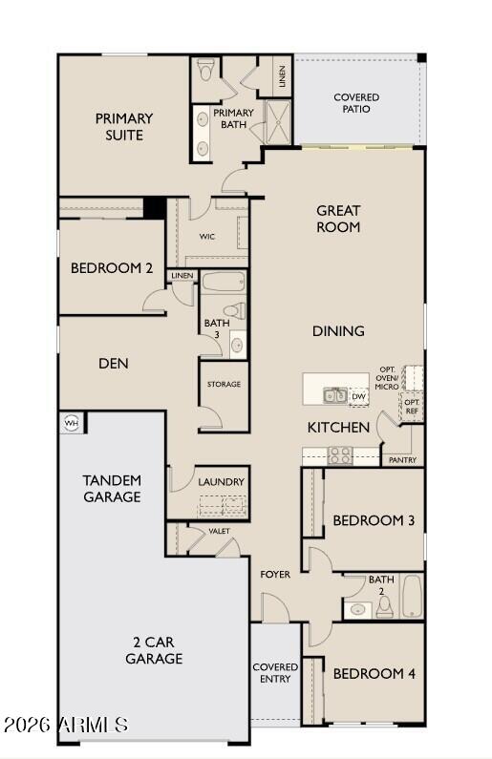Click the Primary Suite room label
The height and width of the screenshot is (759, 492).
(x=124, y=127)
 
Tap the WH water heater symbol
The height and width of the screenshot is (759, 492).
(x=70, y=421)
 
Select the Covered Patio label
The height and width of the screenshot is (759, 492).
(x=356, y=103)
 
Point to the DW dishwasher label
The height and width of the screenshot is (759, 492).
(x=358, y=396)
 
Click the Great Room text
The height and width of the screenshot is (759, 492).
(x=338, y=219)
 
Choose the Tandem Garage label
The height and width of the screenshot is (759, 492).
(x=112, y=488)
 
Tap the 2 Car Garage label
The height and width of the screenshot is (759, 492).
(x=153, y=650)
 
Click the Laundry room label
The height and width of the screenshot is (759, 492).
(x=222, y=482)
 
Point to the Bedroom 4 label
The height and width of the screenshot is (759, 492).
(x=373, y=673)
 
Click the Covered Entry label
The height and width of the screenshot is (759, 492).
(x=275, y=672)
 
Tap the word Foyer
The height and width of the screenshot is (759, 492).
(x=275, y=574)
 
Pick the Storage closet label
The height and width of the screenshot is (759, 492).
(x=224, y=384)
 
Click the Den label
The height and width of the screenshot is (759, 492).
(x=113, y=364)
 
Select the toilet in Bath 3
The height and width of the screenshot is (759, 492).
(x=234, y=311)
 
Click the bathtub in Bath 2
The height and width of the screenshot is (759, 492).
(x=411, y=597)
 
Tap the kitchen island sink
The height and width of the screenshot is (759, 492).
(x=334, y=394)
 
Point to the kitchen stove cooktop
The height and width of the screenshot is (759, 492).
(x=340, y=455)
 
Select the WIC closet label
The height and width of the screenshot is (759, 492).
(x=206, y=236)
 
